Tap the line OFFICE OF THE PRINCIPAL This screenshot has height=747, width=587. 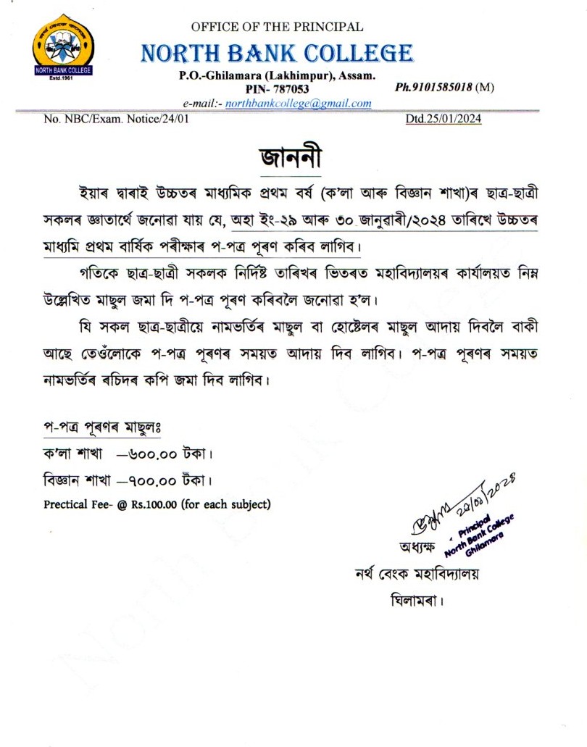point(277,27)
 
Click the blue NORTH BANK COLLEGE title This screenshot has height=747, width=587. point(277,53)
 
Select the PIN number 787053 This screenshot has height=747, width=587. point(288,88)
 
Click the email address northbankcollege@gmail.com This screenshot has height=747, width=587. point(298,103)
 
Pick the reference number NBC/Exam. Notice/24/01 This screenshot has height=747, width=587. point(117,120)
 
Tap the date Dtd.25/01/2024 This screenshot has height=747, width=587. point(443,120)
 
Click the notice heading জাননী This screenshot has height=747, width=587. point(289,157)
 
